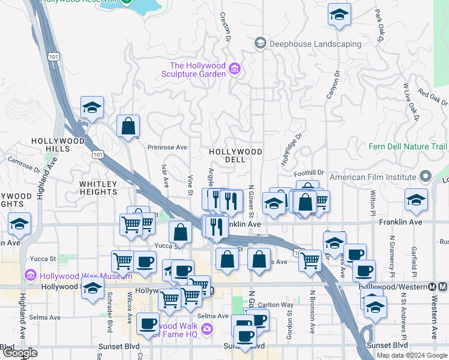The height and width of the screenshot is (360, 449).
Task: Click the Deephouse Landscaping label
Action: click(315, 43)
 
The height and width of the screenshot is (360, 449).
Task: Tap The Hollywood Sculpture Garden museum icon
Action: click(235, 70)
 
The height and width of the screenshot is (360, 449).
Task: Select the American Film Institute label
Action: click(373, 177)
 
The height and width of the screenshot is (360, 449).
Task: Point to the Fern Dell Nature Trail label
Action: click(408, 146)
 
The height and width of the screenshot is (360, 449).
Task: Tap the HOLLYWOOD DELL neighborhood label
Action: click(235, 156)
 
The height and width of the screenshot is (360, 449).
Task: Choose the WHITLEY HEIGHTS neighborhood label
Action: click(107, 187)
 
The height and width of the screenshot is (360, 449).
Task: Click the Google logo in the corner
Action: click(20, 353)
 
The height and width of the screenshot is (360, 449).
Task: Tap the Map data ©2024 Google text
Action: click(411, 355)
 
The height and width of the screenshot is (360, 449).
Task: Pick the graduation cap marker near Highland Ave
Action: click(19, 224)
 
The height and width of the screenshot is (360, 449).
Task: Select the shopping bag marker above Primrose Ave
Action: click(128, 126)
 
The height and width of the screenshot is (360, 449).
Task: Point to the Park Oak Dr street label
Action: click(379, 25)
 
